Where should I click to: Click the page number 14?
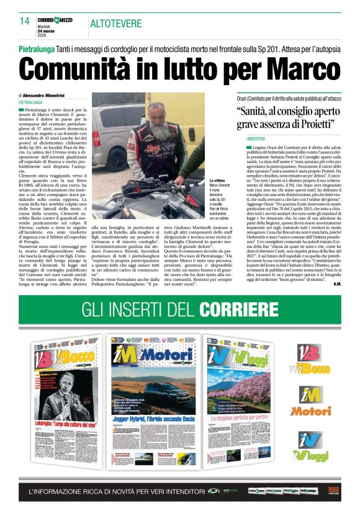pos(24,21)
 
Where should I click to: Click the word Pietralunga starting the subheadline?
pos(40,48)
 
